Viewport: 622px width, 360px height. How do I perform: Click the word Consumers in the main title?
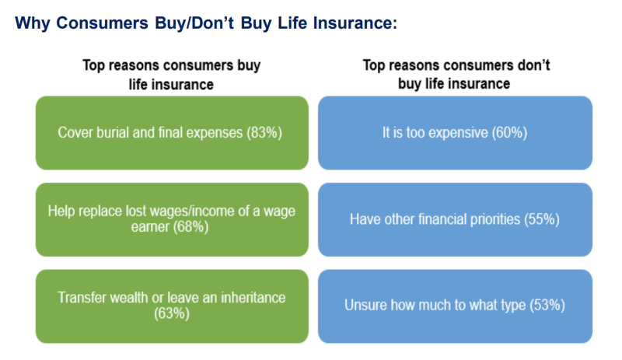point(103,23)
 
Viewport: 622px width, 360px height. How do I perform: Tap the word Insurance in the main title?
point(355,23)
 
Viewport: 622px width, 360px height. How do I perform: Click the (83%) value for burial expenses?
point(264,132)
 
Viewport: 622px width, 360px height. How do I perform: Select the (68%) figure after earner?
point(190,226)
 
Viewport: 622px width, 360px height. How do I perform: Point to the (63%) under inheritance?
point(172,313)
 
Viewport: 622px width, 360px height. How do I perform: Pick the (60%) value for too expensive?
point(510,132)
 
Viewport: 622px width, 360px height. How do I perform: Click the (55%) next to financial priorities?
point(542,219)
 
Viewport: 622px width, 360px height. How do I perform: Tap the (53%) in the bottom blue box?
point(547,305)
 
